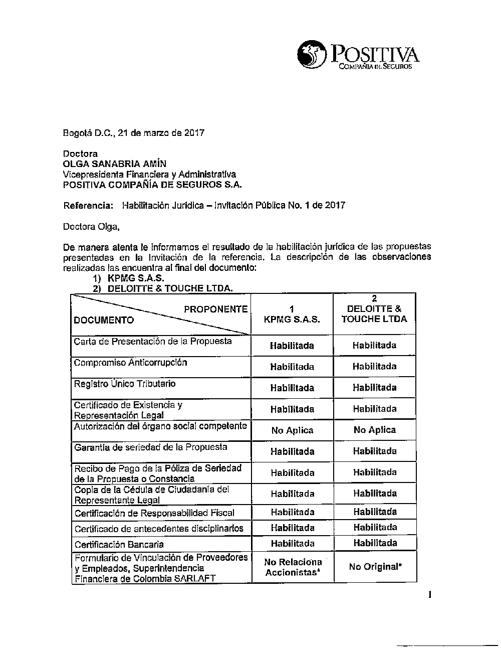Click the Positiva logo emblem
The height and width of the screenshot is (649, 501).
coord(311,55)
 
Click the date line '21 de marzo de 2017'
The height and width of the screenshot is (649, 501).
coord(160,133)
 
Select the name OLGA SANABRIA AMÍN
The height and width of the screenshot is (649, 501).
coord(114,164)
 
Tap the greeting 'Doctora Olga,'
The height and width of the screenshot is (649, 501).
coord(91,227)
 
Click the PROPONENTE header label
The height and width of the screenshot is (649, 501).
coord(215,309)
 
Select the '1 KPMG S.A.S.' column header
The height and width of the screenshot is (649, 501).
coord(292,314)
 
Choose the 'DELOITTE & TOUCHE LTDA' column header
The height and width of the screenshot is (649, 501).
coord(374,309)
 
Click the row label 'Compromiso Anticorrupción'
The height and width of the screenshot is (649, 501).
coord(130,363)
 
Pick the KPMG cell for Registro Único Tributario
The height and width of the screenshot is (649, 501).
coord(292,388)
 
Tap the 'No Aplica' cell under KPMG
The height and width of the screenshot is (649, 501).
coord(292,430)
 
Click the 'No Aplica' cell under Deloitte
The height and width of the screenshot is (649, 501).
coord(374,430)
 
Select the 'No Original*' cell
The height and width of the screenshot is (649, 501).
coord(375,567)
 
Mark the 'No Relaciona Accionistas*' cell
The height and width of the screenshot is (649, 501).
coord(293,567)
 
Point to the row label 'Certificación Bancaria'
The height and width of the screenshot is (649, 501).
coord(119,544)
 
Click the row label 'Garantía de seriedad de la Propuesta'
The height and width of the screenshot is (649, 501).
coord(150,447)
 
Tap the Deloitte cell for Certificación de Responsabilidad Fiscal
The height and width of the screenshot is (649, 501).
coord(375,512)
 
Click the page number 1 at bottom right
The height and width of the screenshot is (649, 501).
coord(429,595)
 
